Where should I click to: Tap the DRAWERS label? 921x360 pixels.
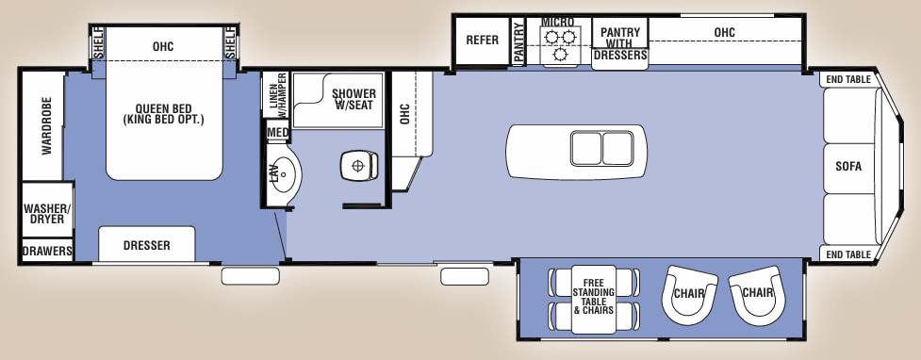(47, 252)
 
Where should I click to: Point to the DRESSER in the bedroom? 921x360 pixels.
(146, 245)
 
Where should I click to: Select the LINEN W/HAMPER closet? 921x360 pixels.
(276, 96)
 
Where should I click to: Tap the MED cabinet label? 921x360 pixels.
(277, 133)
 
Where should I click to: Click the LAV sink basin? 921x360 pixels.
(283, 173)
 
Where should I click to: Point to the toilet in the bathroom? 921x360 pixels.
(359, 167)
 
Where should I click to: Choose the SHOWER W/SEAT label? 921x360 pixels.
(354, 99)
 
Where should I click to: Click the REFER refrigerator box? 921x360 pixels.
(482, 41)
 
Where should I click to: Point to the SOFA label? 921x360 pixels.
(847, 167)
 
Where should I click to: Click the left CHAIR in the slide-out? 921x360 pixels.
(690, 293)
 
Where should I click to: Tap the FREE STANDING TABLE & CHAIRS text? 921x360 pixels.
(593, 296)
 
